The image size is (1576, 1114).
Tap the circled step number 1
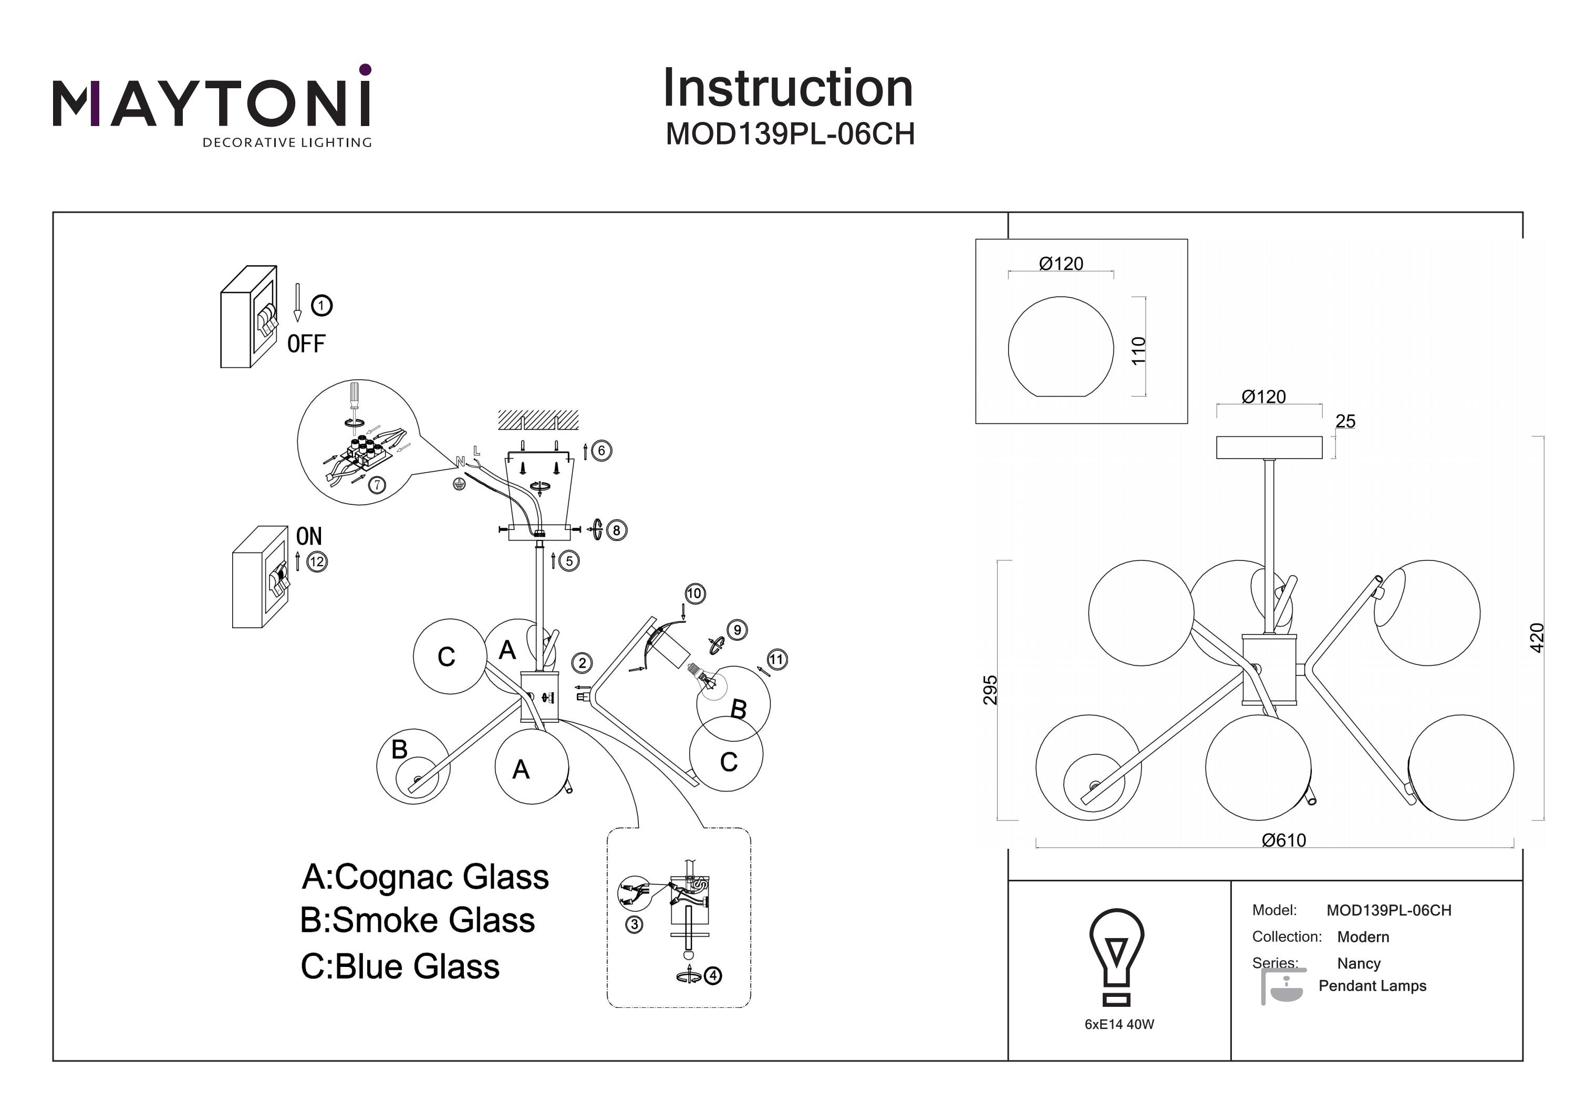pos(321,306)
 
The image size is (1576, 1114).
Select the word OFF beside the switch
pos(306,343)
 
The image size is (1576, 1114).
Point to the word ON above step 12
pos(309,536)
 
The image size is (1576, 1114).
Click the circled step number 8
pos(616,530)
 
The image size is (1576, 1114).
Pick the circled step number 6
pos(602,450)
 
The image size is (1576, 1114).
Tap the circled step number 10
pos(694,593)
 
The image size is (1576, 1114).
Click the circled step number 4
pos(713,975)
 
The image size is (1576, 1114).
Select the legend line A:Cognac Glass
pos(425,877)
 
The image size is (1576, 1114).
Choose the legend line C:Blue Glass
pos(400,966)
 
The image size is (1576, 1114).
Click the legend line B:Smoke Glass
pos(417,920)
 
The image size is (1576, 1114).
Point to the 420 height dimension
pos(1537,638)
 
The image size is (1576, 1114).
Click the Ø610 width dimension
pos(1283,840)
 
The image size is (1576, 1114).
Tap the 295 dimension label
pos(990,690)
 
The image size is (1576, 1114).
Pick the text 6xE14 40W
pos(1119,1024)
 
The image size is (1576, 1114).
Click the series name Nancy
pos(1359,964)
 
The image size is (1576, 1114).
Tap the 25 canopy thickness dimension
pos(1345,421)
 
